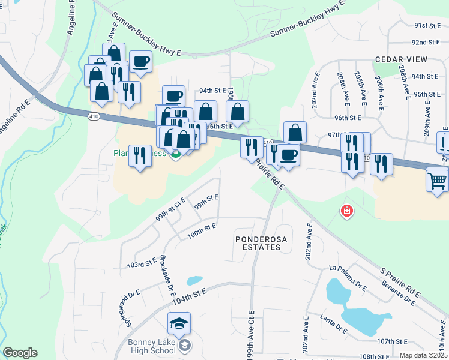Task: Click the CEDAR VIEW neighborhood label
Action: pyautogui.click(x=401, y=59)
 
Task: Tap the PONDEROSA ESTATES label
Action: pyautogui.click(x=257, y=243)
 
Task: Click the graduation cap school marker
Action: pyautogui.click(x=179, y=324)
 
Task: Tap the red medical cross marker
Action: pyautogui.click(x=346, y=211)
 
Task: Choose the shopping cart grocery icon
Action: pyautogui.click(x=437, y=179)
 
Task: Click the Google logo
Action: pyautogui.click(x=20, y=353)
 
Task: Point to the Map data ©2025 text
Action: pyautogui.click(x=423, y=355)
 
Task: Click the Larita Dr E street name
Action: pyautogui.click(x=334, y=323)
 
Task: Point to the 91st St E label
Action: pyautogui.click(x=427, y=26)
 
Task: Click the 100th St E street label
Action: pyautogui.click(x=201, y=231)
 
